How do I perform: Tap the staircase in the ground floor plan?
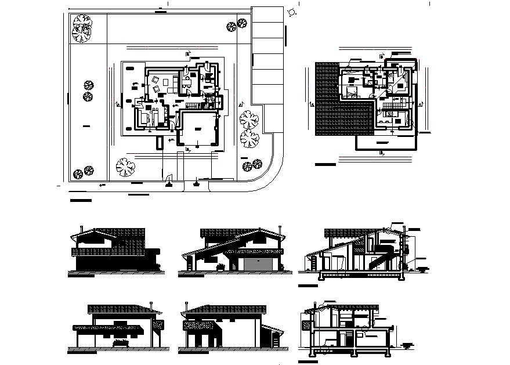tap(191, 106)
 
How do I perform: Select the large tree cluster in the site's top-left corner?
tap(82, 27)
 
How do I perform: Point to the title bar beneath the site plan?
tap(81, 201)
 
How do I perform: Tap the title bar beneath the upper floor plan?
tap(325, 165)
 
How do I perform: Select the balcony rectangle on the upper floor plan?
tap(384, 142)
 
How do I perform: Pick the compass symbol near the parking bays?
tap(290, 12)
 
